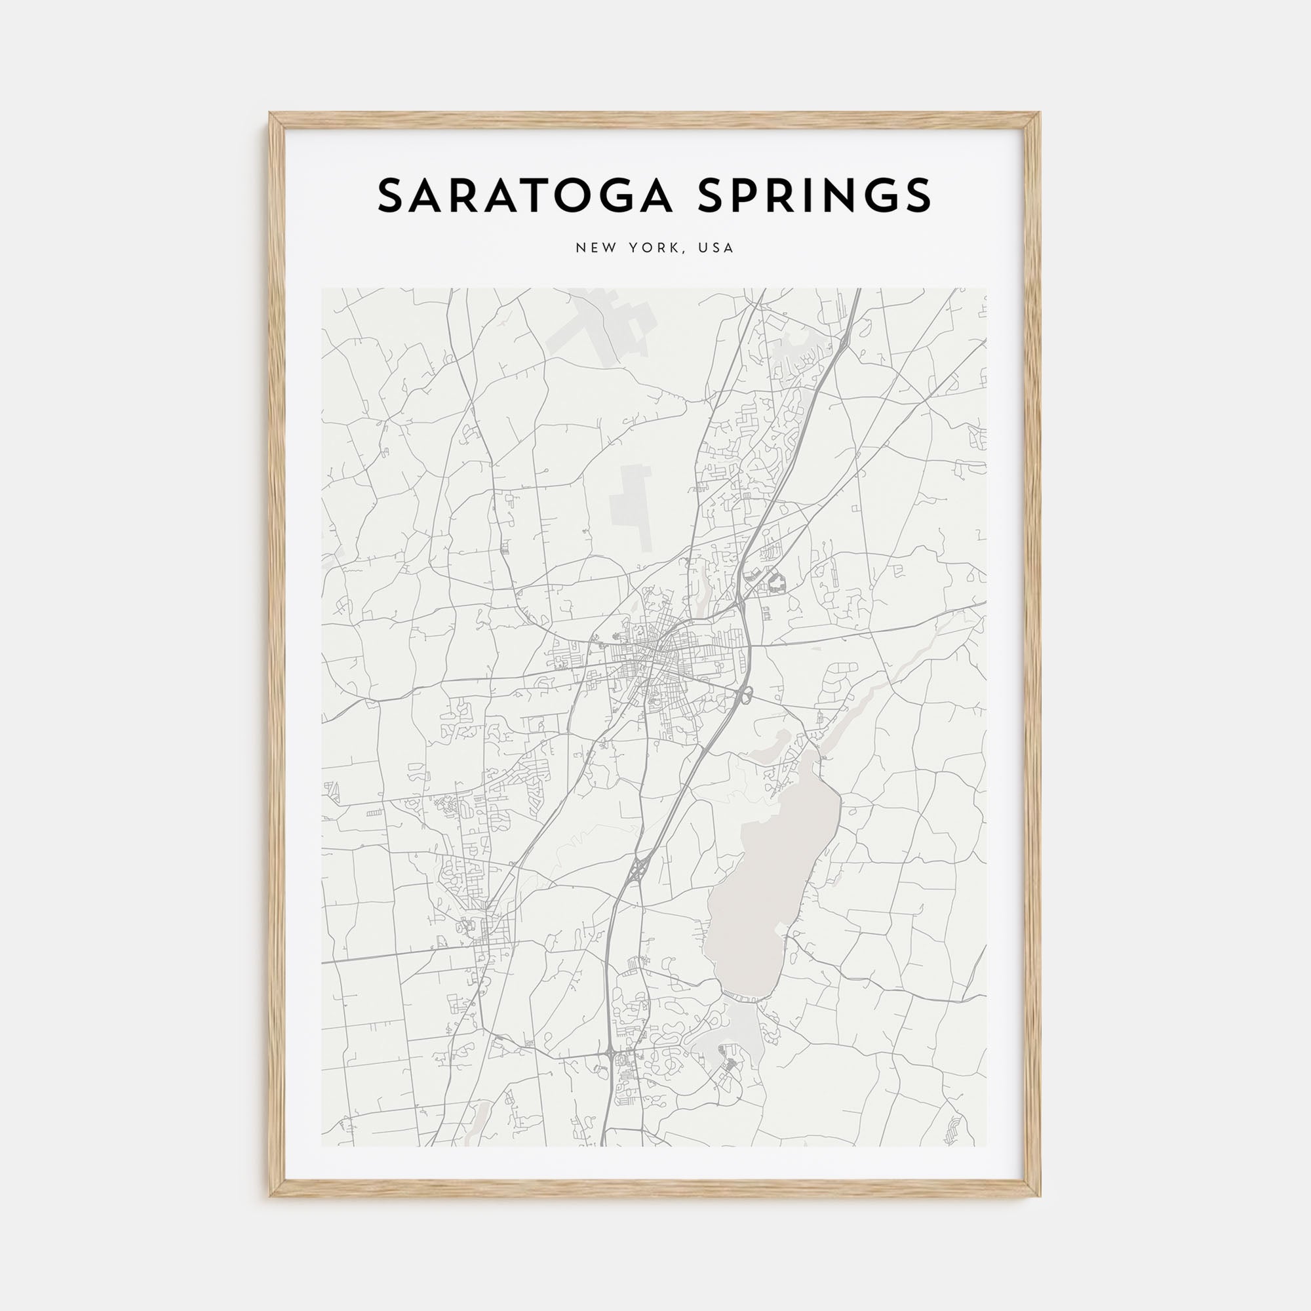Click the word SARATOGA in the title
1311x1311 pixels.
click(524, 195)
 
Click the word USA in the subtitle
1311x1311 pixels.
click(719, 248)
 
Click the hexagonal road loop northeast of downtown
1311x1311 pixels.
click(775, 582)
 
